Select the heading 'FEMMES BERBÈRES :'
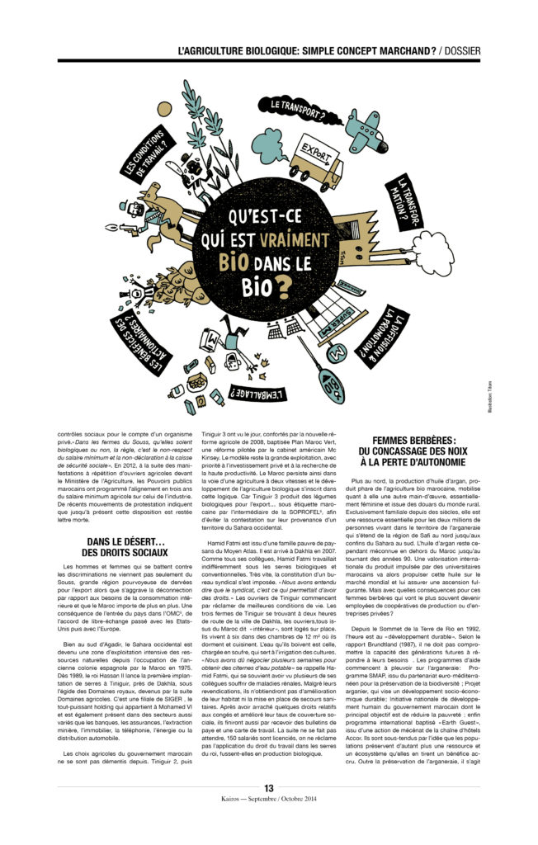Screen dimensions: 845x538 [x=420, y=441]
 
